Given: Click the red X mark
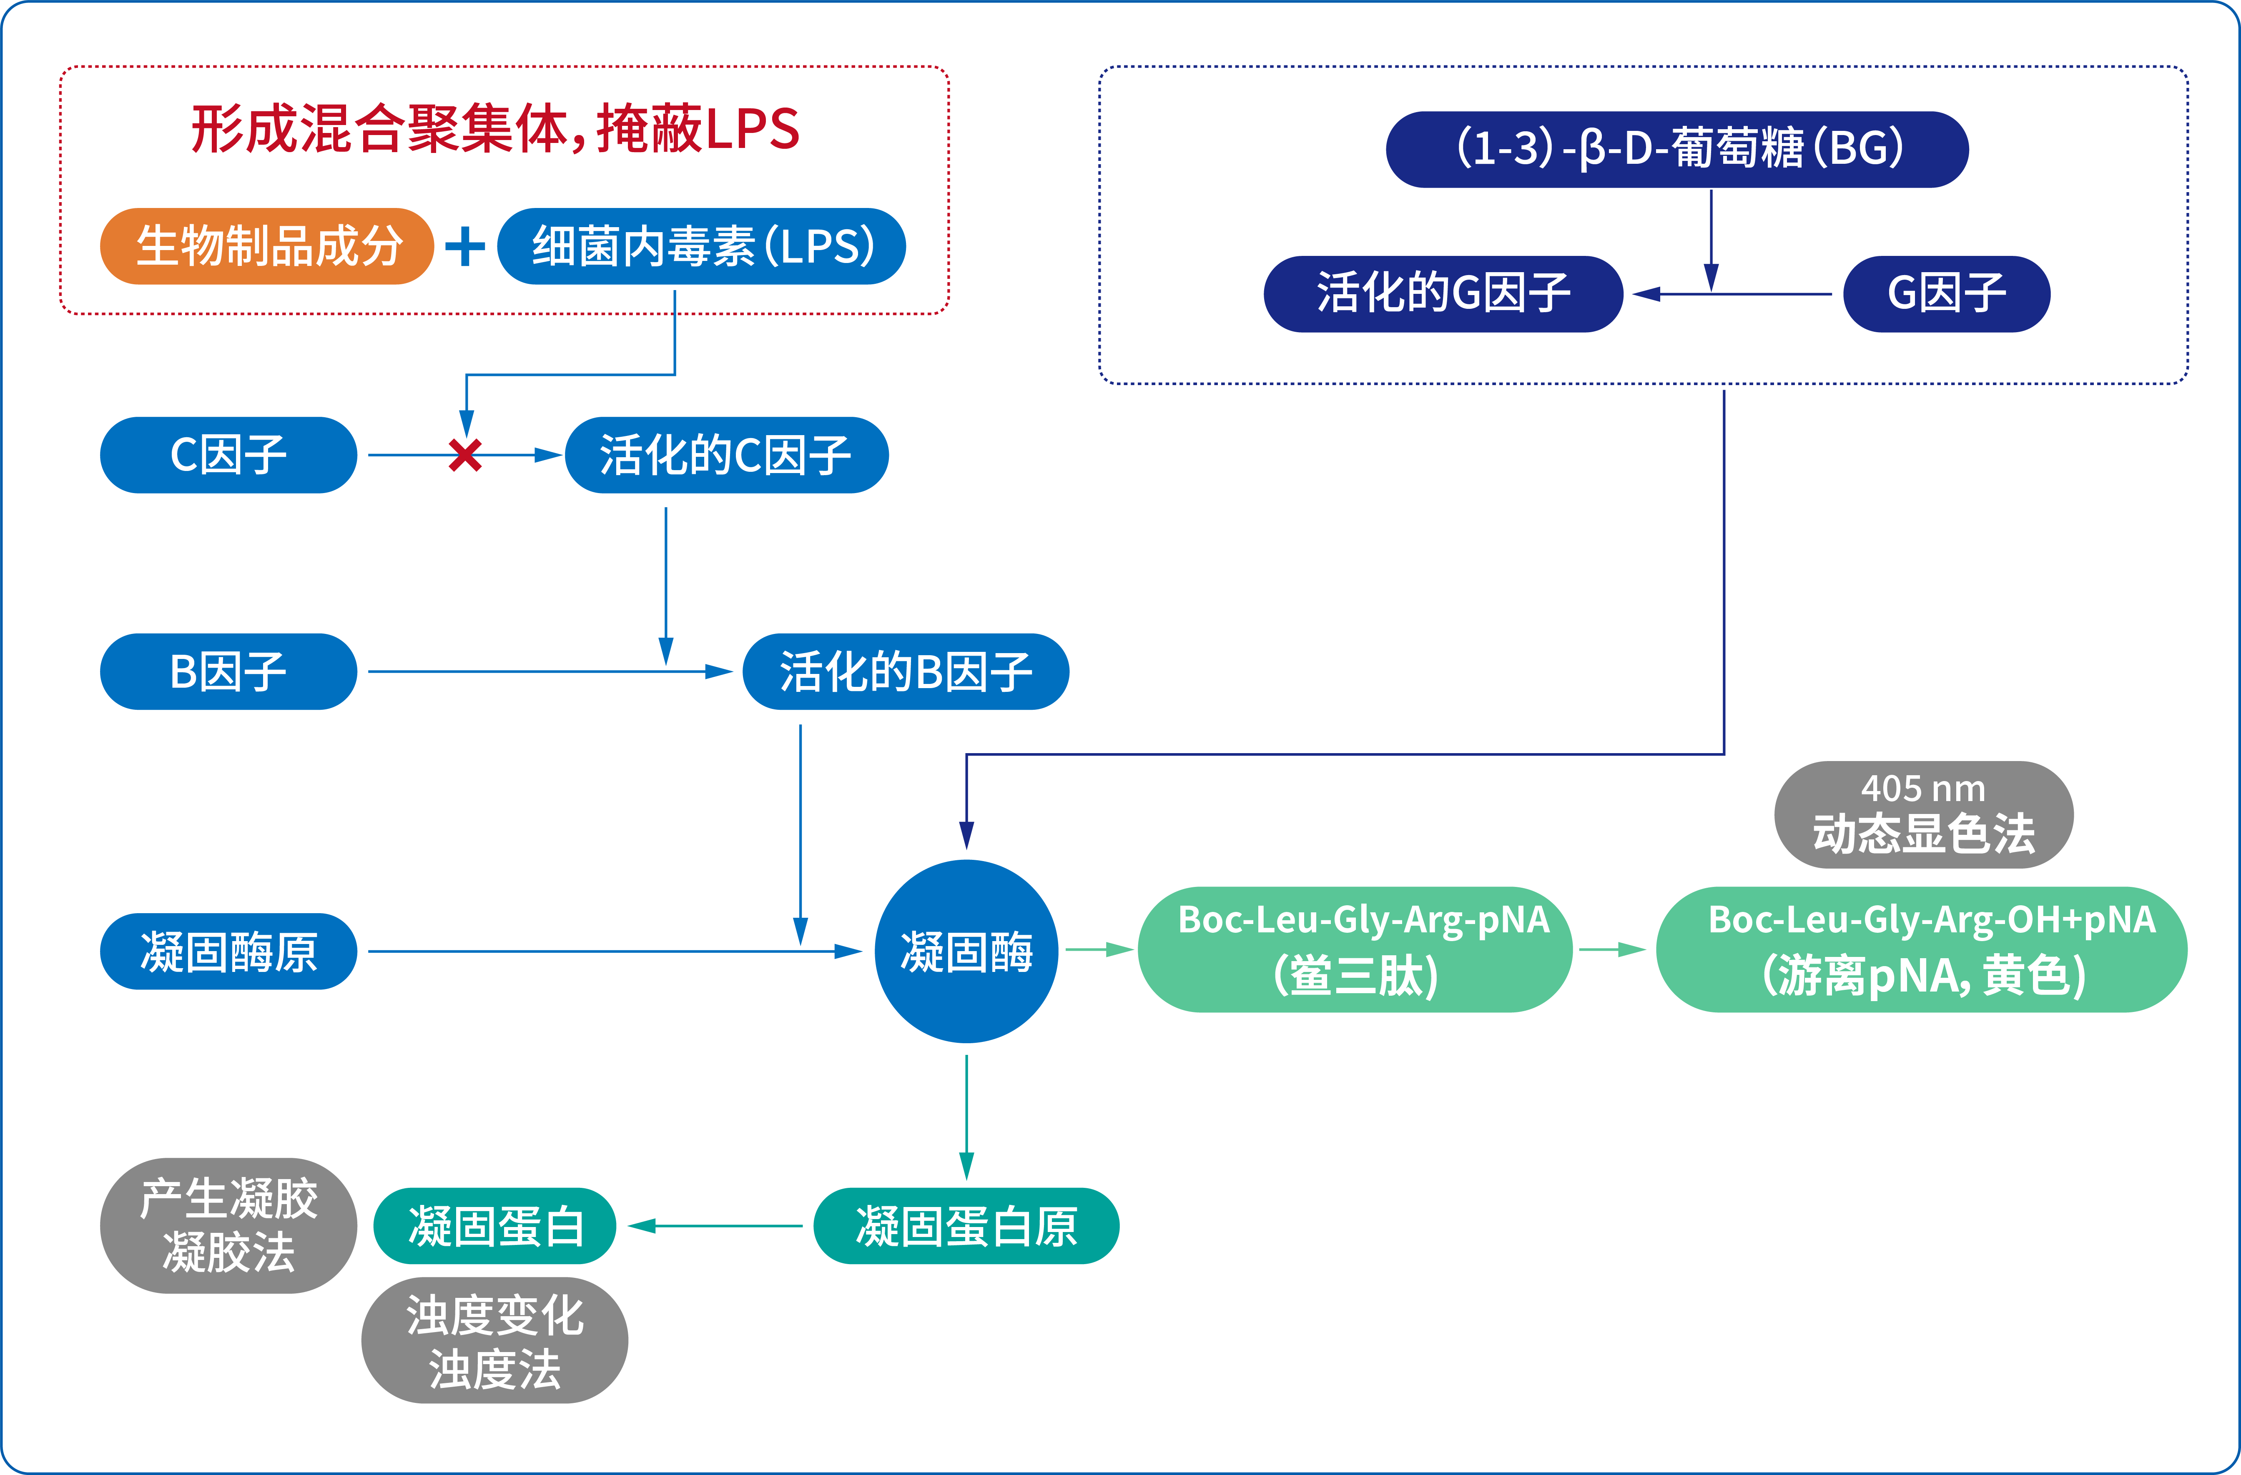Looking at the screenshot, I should click(465, 456).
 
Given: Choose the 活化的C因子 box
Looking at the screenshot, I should click(726, 456).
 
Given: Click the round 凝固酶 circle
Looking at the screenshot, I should click(966, 952).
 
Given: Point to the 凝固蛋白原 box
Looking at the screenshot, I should click(966, 1227).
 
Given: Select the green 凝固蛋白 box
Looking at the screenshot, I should click(495, 1227).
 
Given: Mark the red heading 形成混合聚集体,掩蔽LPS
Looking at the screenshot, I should click(495, 129).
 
